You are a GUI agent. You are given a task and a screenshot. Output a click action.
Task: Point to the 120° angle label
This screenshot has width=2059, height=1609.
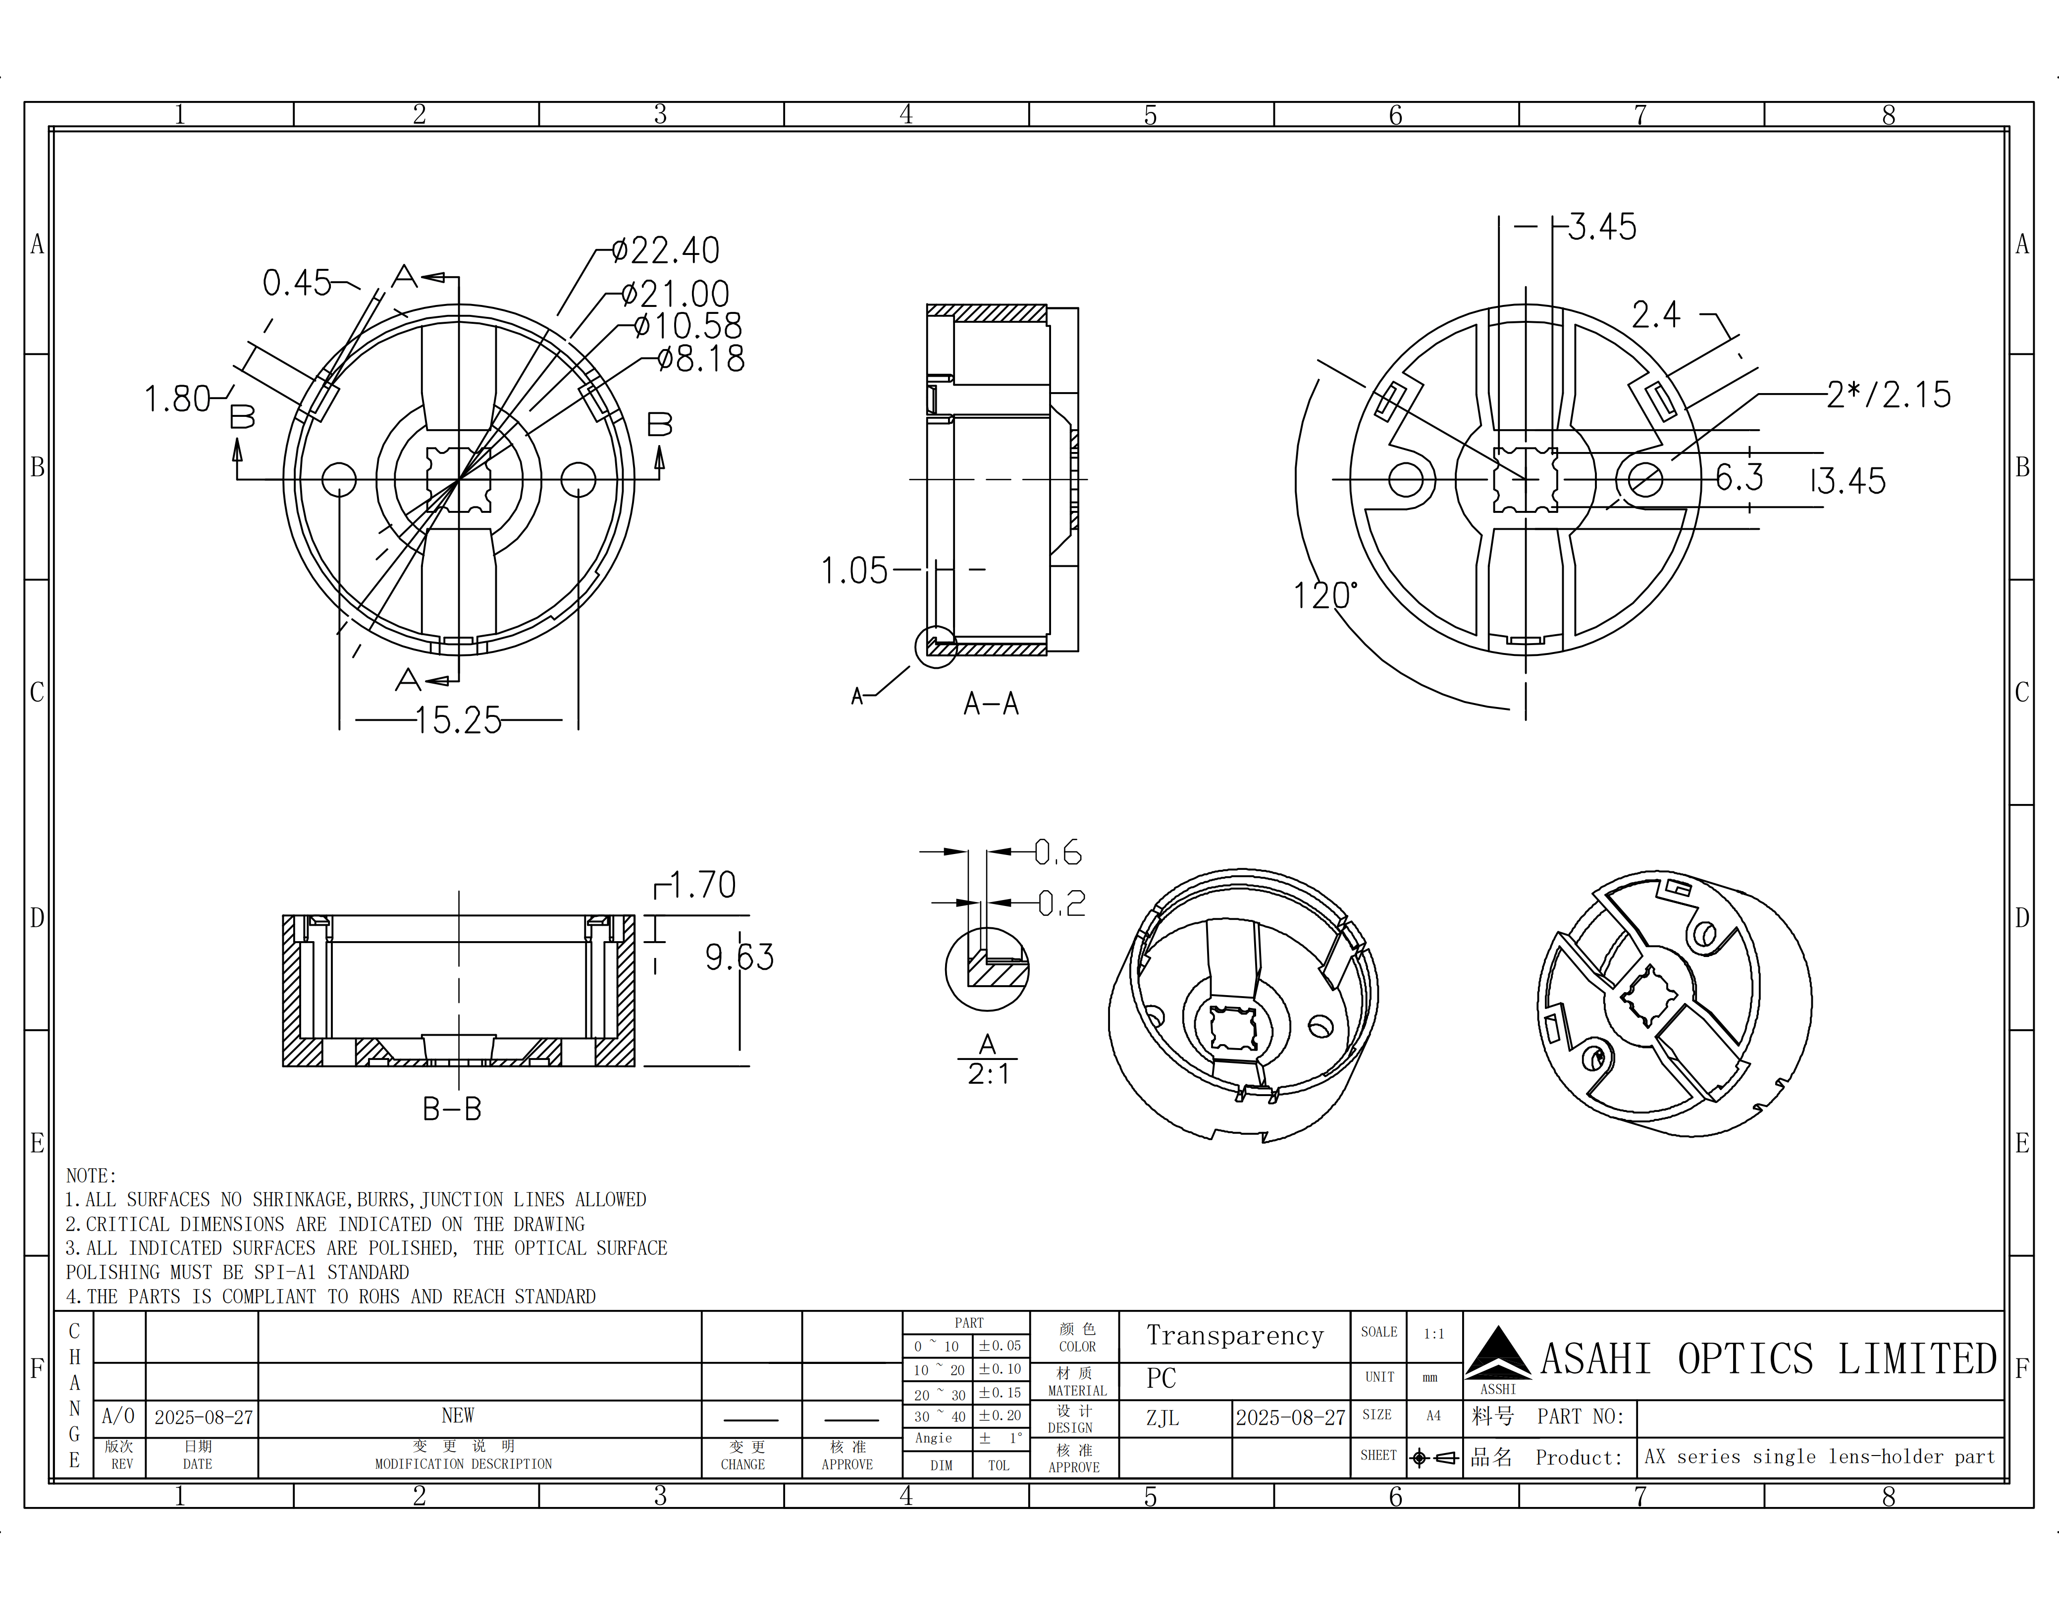click(1324, 596)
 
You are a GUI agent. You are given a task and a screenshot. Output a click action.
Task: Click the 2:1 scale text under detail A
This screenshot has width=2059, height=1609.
click(988, 1074)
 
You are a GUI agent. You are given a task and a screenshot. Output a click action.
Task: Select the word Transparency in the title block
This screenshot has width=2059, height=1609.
click(1235, 1336)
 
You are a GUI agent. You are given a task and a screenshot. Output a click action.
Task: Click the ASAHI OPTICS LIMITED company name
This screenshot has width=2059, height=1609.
click(1768, 1359)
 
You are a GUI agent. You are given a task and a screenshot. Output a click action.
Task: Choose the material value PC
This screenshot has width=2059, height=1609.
click(1161, 1379)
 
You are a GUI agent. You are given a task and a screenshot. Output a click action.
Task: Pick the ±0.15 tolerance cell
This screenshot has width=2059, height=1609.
click(1000, 1393)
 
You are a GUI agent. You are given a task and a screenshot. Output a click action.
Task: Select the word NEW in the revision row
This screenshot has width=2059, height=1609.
click(458, 1416)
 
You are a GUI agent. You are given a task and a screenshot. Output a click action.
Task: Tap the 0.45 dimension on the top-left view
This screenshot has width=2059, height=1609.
click(297, 283)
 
